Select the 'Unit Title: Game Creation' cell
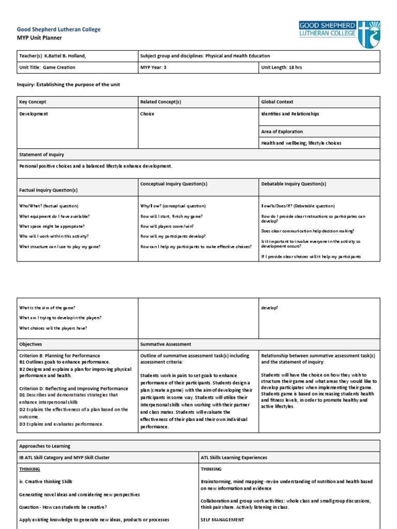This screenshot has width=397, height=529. (47, 67)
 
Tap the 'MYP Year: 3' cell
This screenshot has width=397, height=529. (154, 67)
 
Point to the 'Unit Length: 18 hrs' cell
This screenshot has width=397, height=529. (283, 67)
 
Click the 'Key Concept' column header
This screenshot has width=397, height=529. (33, 102)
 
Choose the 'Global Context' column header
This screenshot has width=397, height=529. (277, 102)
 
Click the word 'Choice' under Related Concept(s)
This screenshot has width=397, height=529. (147, 114)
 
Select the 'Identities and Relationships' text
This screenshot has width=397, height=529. (290, 114)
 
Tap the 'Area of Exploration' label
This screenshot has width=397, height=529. (282, 132)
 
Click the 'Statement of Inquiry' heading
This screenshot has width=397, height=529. (42, 154)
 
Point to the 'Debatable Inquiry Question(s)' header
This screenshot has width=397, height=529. (294, 184)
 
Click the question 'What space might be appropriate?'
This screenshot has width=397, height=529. (52, 226)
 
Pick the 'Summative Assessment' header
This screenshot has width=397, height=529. (165, 344)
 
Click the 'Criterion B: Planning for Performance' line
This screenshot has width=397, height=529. (59, 356)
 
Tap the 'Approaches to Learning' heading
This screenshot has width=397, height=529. (44, 446)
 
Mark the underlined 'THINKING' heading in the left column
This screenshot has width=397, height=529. (29, 469)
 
